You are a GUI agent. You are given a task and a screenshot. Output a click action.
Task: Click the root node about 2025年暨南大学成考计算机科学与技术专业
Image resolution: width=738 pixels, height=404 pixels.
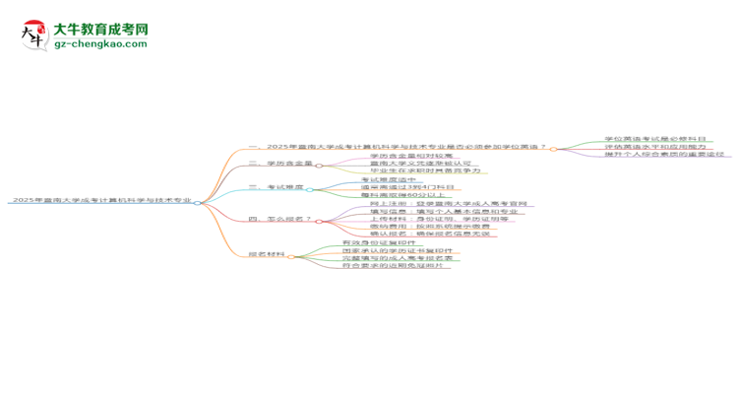click(100, 201)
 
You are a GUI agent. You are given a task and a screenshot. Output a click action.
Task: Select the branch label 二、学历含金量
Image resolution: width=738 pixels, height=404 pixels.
click(279, 165)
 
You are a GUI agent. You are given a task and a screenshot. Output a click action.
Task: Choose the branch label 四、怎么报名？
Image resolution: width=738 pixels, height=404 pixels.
click(279, 219)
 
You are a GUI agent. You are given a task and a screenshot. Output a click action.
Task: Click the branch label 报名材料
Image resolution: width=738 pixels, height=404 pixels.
click(267, 254)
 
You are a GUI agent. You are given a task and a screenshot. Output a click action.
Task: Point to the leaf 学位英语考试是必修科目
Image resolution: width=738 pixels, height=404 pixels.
click(655, 140)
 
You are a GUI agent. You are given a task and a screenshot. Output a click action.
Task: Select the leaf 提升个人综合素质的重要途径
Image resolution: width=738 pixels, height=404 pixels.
click(665, 156)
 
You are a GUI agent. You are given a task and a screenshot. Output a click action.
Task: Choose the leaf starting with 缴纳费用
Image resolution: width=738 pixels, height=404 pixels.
click(424, 227)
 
